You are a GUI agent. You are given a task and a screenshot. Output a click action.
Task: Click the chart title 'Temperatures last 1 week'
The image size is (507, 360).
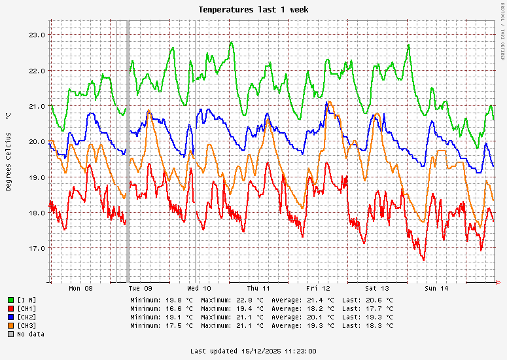(x=253, y=10)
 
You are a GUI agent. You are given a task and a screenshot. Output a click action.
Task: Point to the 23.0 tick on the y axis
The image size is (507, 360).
(x=37, y=35)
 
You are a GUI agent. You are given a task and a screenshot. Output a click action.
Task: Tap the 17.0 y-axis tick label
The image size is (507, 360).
(x=37, y=248)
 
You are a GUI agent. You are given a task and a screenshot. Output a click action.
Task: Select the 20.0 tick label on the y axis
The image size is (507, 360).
(x=37, y=141)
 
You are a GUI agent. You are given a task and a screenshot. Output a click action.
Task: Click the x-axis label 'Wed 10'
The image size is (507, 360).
(x=199, y=288)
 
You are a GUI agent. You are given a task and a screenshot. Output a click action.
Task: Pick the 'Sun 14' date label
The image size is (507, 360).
(x=436, y=288)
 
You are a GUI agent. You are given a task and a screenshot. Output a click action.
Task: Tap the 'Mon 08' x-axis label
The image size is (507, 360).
(x=80, y=288)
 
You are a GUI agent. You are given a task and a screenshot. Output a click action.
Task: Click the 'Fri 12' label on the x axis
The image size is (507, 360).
(x=318, y=288)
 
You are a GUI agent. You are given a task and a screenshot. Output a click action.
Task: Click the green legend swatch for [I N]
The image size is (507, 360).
(x=10, y=300)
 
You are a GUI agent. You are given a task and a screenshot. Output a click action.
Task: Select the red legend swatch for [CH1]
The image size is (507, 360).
(x=10, y=308)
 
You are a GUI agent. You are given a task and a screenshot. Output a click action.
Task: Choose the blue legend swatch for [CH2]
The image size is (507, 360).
(x=10, y=317)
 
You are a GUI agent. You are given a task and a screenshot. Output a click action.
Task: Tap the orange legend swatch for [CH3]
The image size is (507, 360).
(x=10, y=325)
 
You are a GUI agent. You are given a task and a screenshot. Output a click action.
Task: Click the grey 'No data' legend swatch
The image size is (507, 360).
(x=10, y=334)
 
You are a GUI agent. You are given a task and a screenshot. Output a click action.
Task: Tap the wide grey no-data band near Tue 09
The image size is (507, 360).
(x=128, y=151)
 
